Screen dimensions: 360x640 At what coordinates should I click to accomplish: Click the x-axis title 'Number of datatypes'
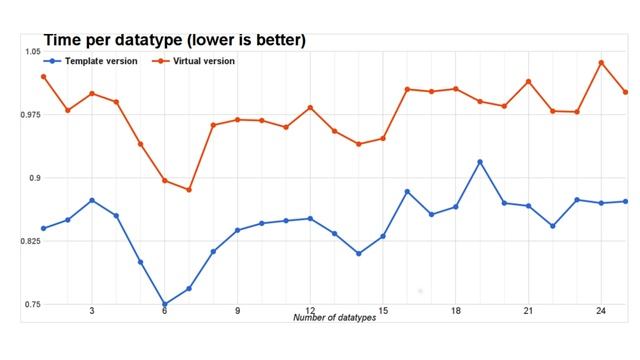334,317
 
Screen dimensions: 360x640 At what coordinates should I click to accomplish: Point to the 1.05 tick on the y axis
31,51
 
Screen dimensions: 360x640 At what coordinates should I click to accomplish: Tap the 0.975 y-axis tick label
29,115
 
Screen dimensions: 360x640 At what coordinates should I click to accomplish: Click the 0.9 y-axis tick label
34,178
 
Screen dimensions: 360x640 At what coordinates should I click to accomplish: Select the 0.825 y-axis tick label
29,241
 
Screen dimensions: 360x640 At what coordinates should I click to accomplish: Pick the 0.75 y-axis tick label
31,304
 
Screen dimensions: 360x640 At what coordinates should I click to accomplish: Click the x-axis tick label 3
92,311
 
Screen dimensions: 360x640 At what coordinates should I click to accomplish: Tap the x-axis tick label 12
310,311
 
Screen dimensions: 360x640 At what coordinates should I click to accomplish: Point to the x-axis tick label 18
456,311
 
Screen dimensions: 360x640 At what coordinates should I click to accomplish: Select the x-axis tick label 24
601,311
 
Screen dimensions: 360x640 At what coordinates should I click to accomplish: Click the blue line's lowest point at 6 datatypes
164,304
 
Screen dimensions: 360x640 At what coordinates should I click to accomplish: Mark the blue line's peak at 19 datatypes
480,162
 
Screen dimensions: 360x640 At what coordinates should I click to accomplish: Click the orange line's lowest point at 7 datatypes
189,190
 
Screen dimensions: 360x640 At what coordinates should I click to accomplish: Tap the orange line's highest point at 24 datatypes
601,62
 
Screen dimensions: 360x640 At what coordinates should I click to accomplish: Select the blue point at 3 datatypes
92,200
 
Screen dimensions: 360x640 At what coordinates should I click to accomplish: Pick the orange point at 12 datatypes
310,107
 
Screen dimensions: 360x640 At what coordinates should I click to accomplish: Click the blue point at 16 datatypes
407,191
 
